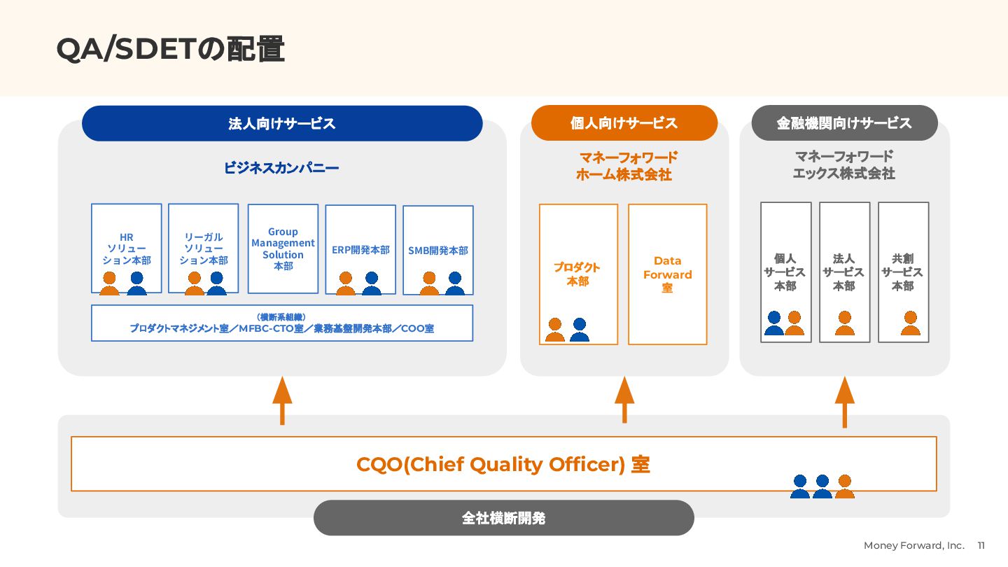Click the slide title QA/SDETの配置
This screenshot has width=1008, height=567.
[170, 50]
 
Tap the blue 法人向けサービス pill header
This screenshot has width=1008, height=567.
[282, 124]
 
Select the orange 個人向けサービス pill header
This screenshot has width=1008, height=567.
[624, 124]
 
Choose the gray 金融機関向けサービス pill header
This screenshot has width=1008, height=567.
[844, 124]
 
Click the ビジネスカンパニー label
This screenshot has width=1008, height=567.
[281, 168]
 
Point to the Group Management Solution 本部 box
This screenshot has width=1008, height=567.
[283, 248]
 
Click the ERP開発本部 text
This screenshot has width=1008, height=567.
[360, 250]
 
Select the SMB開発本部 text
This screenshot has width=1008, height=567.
[438, 250]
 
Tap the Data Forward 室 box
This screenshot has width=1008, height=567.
[668, 274]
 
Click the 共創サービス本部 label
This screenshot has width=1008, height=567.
[902, 272]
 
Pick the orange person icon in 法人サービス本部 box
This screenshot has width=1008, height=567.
[845, 323]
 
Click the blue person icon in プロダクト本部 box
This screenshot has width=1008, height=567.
[579, 330]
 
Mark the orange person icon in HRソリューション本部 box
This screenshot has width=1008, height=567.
[110, 283]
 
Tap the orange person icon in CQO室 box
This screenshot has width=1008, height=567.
[845, 486]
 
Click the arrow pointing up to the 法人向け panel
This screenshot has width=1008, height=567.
[282, 400]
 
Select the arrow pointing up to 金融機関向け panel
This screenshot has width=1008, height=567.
[844, 401]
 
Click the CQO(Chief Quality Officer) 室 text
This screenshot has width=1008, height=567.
[503, 465]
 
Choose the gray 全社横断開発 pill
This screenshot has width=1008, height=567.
[503, 518]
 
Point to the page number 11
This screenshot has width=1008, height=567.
[981, 545]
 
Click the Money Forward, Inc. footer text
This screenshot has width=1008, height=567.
[913, 545]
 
